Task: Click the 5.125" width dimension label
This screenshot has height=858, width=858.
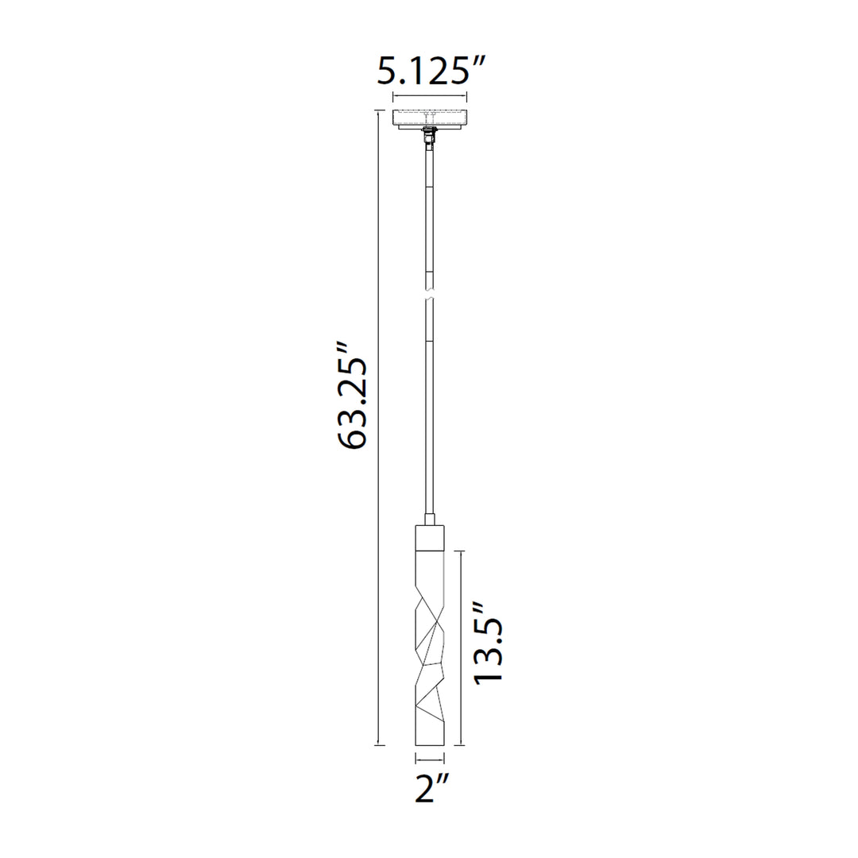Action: (431, 71)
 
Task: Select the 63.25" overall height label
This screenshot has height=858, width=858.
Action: (353, 396)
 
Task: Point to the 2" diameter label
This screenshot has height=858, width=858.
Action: (431, 787)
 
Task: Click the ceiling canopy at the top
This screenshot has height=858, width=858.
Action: (430, 118)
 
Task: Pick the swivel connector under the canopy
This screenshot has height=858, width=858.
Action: (430, 138)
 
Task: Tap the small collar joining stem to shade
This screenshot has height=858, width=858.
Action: (430, 520)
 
